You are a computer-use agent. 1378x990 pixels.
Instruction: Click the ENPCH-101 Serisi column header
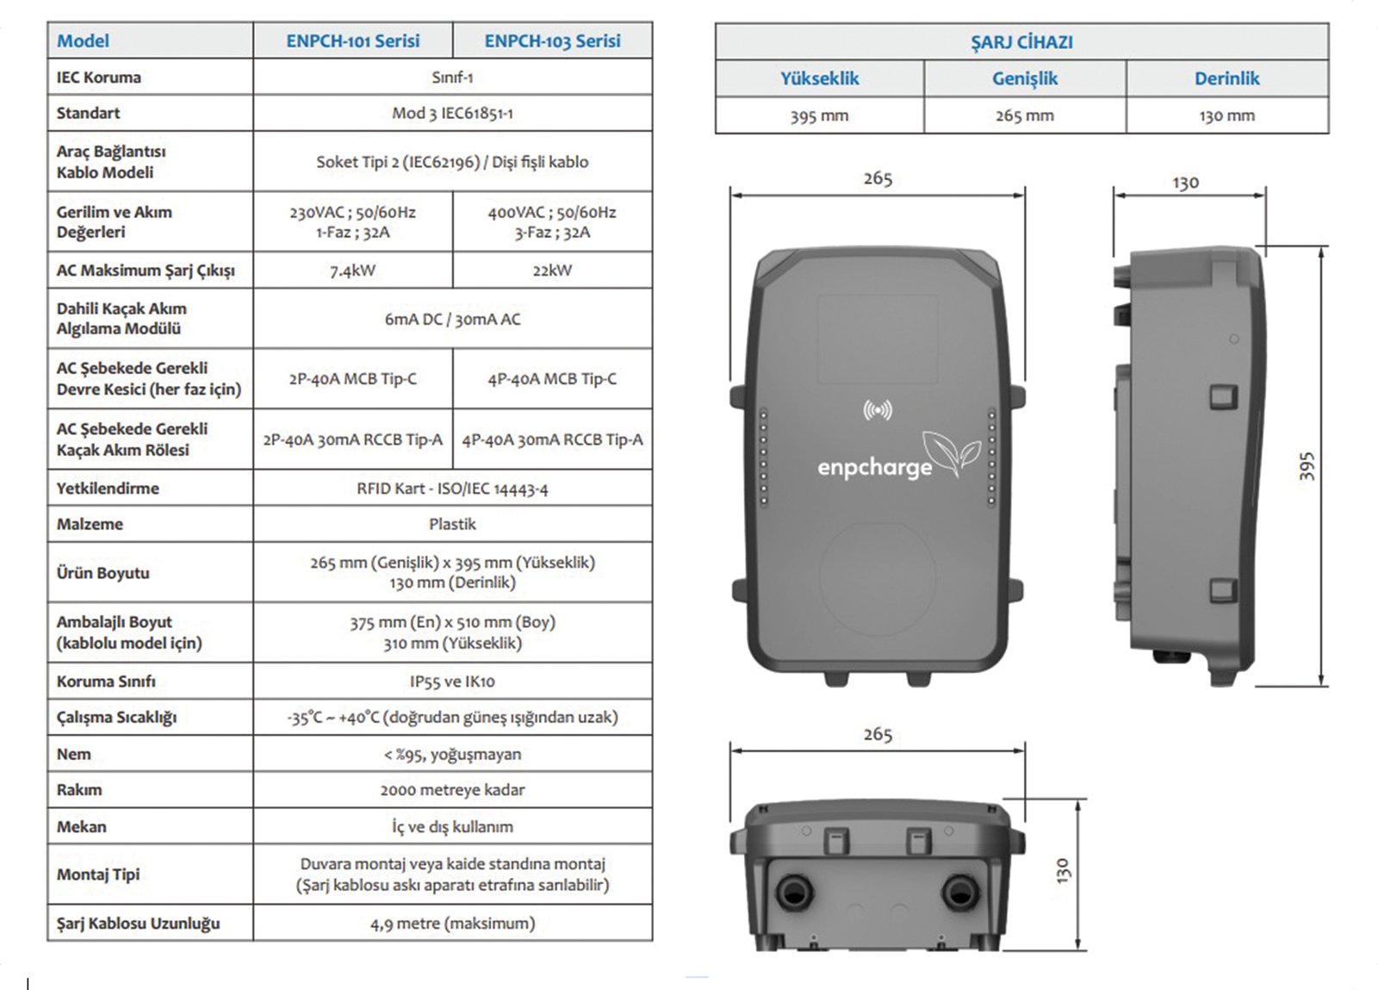click(x=352, y=40)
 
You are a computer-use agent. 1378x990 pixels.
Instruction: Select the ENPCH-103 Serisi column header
click(x=552, y=40)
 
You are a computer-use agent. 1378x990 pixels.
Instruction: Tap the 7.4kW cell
click(x=352, y=271)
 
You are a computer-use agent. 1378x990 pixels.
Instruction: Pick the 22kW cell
click(x=552, y=271)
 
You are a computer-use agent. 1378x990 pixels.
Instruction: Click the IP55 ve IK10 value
click(x=452, y=682)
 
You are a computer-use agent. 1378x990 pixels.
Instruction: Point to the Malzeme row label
click(x=90, y=524)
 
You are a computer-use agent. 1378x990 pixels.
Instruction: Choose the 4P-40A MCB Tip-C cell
click(x=552, y=379)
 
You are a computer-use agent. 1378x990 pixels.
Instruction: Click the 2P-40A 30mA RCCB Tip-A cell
click(x=352, y=439)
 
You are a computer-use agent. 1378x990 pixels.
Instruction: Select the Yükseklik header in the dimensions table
click(x=819, y=78)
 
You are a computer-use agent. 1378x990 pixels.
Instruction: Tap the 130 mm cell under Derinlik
click(x=1226, y=115)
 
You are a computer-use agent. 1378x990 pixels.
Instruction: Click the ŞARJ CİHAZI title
click(x=1021, y=42)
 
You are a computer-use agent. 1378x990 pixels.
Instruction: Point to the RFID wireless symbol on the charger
click(x=878, y=410)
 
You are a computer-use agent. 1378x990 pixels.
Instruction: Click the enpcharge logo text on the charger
click(x=874, y=468)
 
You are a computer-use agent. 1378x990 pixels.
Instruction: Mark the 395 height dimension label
click(x=1307, y=466)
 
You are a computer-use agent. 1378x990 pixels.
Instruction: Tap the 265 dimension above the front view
click(x=878, y=178)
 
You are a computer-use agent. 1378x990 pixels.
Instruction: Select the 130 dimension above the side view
click(x=1185, y=183)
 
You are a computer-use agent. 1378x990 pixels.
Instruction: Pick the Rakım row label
click(x=79, y=790)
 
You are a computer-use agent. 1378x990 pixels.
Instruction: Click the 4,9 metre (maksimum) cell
click(x=452, y=924)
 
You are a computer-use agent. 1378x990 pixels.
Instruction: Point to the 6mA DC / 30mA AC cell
click(x=452, y=320)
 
